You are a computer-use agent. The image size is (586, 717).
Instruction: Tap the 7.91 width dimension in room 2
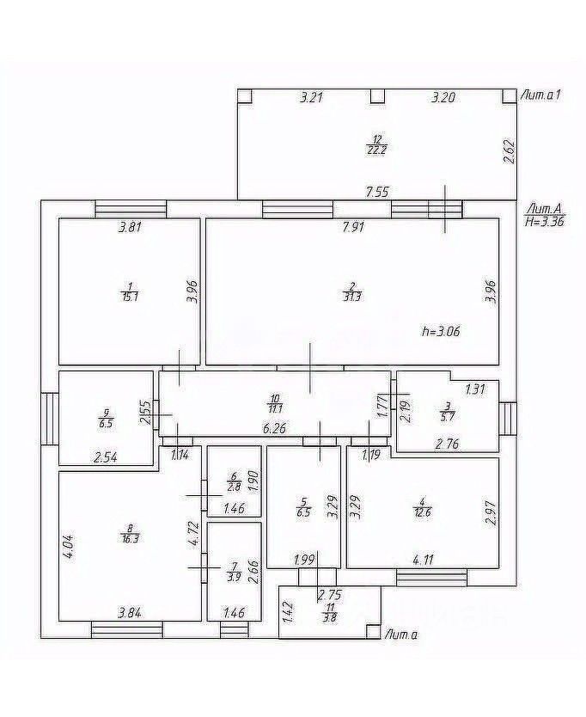click(353, 228)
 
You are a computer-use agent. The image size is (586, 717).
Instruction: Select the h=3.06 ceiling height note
click(443, 331)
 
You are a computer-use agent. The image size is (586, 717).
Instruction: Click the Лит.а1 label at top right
click(541, 95)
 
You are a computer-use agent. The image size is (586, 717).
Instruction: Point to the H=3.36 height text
click(543, 220)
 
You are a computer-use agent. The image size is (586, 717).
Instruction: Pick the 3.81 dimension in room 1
click(130, 228)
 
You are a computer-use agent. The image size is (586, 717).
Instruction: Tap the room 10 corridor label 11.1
click(275, 405)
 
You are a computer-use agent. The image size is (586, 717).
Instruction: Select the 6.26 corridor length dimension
click(274, 427)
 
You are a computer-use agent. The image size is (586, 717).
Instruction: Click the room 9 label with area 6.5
click(105, 418)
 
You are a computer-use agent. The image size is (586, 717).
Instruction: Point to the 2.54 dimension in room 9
click(105, 457)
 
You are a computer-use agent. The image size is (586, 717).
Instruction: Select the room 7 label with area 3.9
click(234, 572)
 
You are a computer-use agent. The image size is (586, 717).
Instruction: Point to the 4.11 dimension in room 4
click(423, 560)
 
